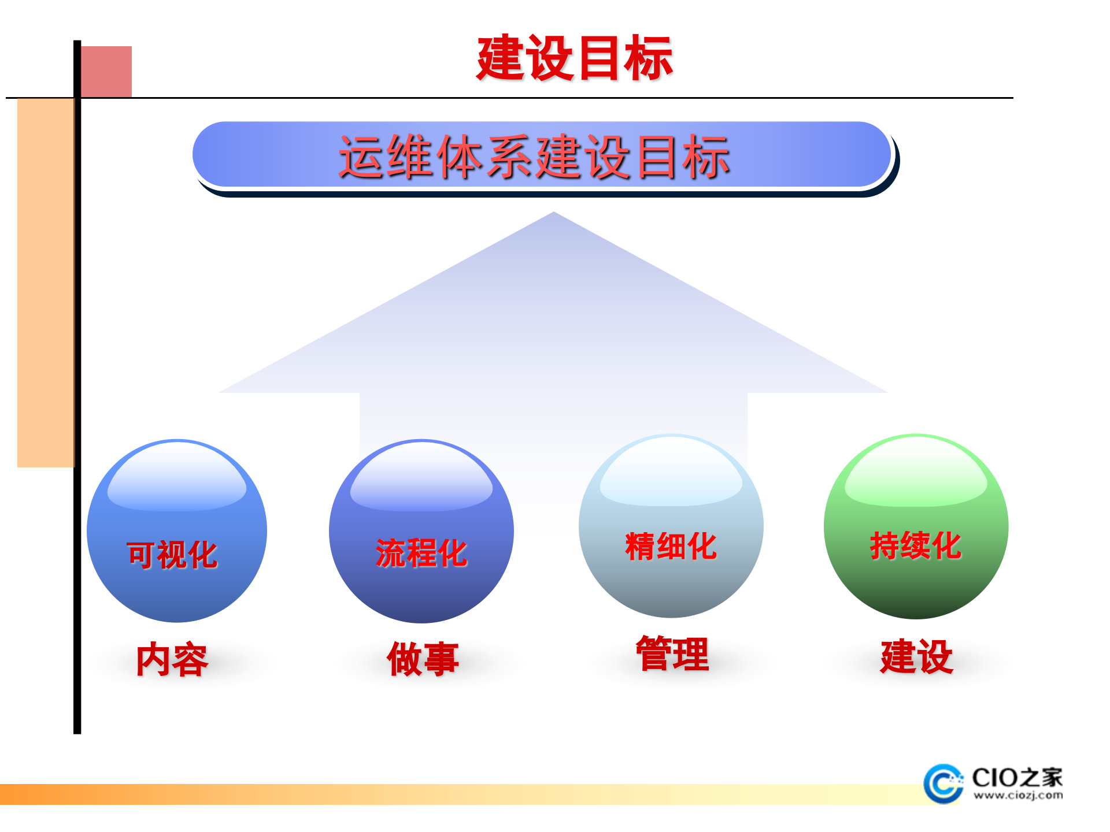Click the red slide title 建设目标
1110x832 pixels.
[x=575, y=58]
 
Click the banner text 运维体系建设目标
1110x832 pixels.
[x=534, y=157]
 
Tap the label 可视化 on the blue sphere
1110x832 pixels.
[x=172, y=555]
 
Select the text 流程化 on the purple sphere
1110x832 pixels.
[x=421, y=553]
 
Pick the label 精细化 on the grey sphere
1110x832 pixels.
[x=671, y=546]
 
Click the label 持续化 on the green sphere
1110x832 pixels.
[x=915, y=545]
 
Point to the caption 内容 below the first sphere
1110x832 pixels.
[x=172, y=659]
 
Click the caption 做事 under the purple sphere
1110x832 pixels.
[x=423, y=659]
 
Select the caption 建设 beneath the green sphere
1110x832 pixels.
[x=916, y=656]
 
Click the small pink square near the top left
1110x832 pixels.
[x=106, y=71]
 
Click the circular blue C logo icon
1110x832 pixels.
[x=942, y=783]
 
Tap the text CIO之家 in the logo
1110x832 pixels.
[x=1017, y=777]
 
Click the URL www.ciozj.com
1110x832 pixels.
[x=1017, y=796]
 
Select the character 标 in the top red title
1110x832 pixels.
[x=649, y=58]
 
